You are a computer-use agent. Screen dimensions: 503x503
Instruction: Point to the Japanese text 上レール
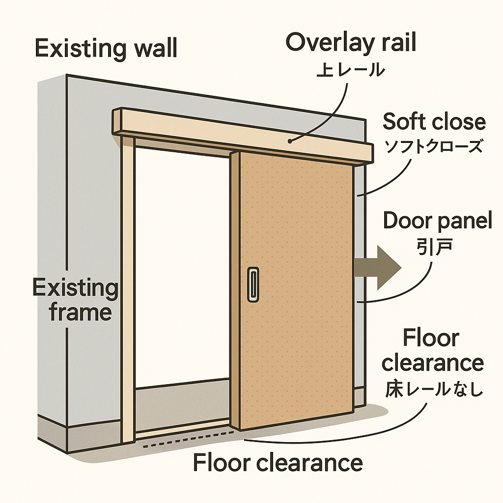pos(350,70)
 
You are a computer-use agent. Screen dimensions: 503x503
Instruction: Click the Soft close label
pos(434,121)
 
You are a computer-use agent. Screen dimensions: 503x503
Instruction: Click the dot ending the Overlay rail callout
pos(291,141)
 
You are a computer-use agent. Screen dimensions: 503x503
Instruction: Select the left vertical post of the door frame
pos(128,285)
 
